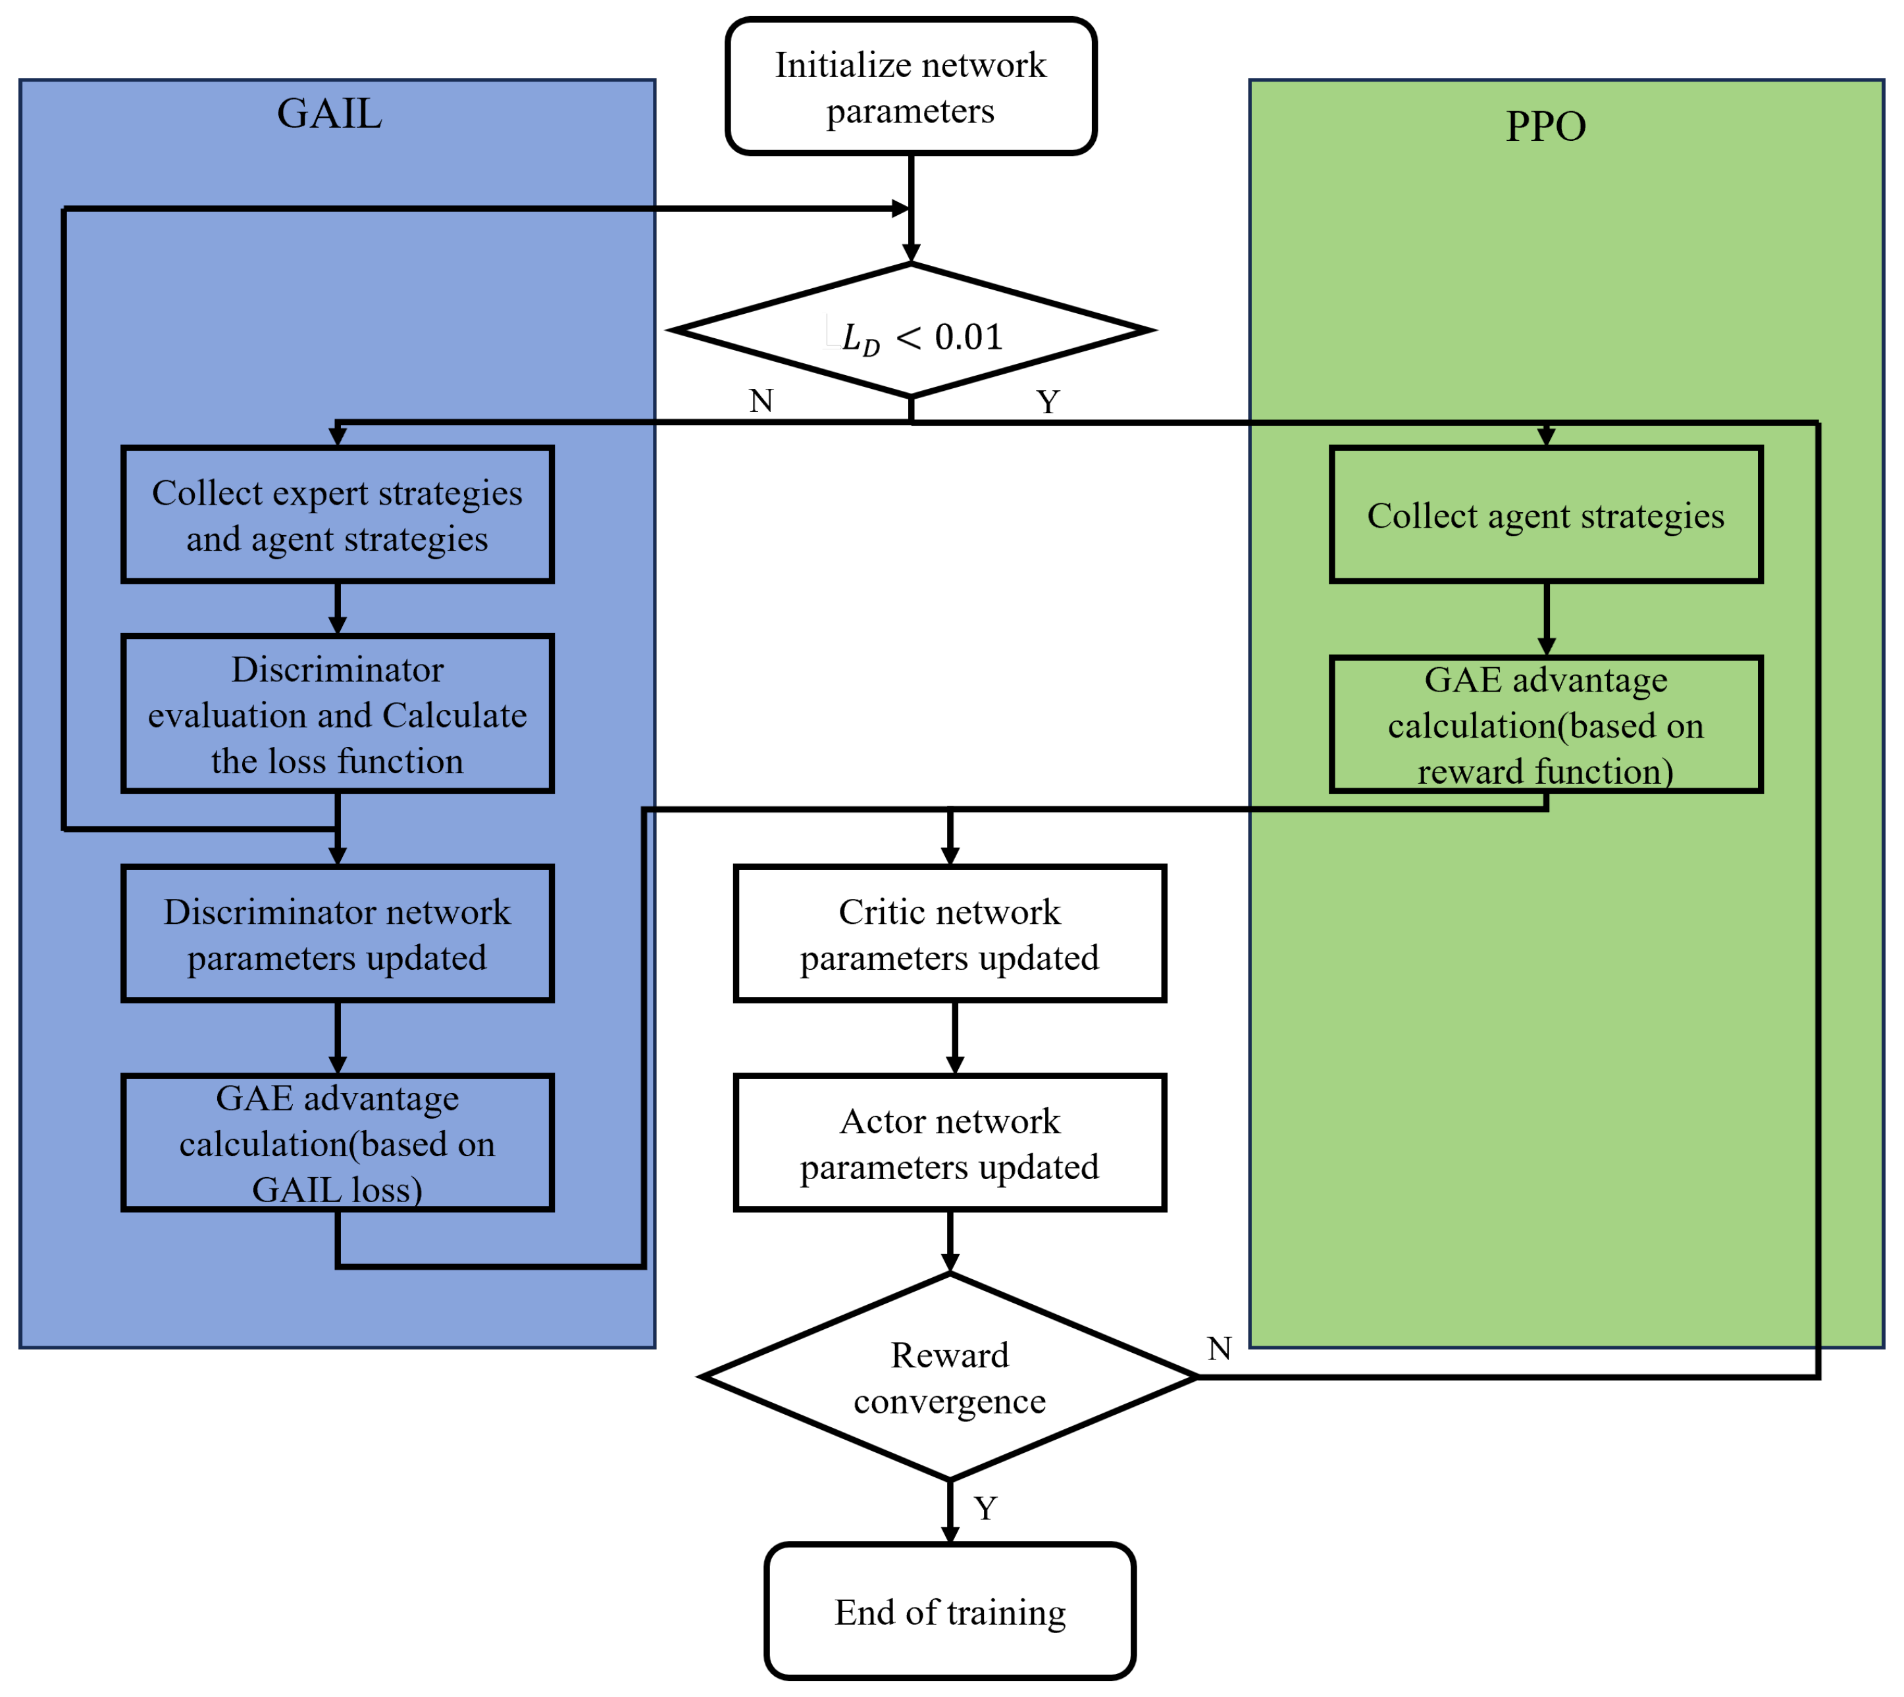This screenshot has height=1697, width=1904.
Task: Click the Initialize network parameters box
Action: coord(910,87)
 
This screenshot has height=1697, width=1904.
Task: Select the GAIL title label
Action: coord(329,114)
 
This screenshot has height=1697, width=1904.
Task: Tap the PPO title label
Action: coord(1545,126)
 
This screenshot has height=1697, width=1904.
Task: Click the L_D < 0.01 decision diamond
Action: coord(910,331)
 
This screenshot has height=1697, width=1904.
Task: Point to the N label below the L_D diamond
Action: coord(761,401)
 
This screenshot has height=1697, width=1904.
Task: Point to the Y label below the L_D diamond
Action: coord(1047,402)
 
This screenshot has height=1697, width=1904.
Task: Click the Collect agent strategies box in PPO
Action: coord(1545,515)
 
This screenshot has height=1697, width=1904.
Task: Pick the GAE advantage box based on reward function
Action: coord(1545,724)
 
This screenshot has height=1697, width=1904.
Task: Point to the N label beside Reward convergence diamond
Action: coord(1219,1348)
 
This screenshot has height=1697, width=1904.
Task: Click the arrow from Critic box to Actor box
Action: coord(954,1037)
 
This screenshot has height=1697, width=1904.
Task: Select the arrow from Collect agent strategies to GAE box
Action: coord(1545,618)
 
